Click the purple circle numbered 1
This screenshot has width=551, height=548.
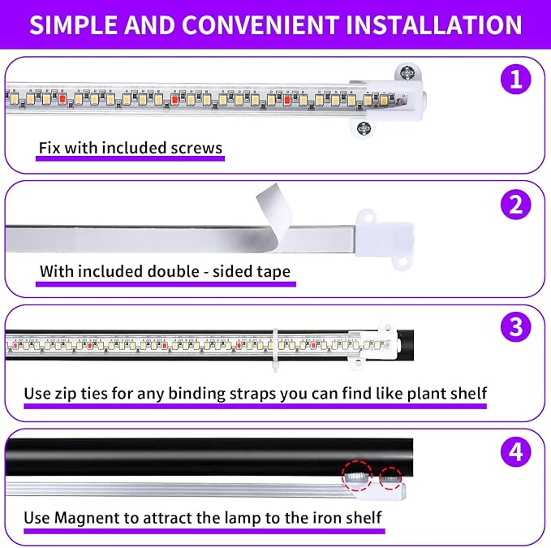(x=514, y=80)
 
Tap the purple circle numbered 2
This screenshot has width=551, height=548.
(x=514, y=205)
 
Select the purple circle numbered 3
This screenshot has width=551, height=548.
(x=514, y=328)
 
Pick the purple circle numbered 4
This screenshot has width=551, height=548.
(x=514, y=452)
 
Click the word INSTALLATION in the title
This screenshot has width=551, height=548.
(x=434, y=24)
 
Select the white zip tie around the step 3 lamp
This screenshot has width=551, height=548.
(x=275, y=344)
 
